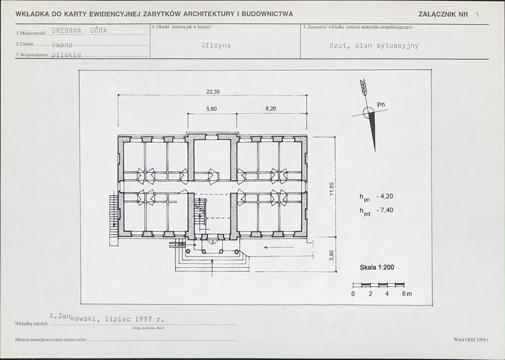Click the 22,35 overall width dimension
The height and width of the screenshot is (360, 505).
tap(213, 92)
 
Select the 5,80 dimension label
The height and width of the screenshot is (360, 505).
tap(211, 109)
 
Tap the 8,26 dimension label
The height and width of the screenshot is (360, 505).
tap(271, 109)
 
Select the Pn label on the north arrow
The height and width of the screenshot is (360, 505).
tap(381, 105)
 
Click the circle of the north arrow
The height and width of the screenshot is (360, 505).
tap(369, 113)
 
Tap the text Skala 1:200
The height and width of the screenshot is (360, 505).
tap(377, 268)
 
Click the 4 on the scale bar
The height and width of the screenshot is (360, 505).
tap(387, 294)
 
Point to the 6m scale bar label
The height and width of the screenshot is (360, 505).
tap(407, 294)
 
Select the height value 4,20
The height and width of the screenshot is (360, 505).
tap(387, 196)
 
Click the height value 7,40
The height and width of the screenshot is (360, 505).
tap(387, 210)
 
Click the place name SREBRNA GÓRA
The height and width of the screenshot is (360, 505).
tap(79, 31)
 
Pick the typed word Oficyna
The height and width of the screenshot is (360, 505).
tap(216, 45)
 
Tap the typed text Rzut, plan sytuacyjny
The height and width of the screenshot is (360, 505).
tap(374, 46)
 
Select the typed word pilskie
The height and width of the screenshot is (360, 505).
tap(66, 55)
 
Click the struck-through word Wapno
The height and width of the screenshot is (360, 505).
tap(62, 45)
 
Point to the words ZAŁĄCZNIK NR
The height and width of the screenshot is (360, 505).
tap(443, 14)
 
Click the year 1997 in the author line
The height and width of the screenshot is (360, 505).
tap(143, 319)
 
